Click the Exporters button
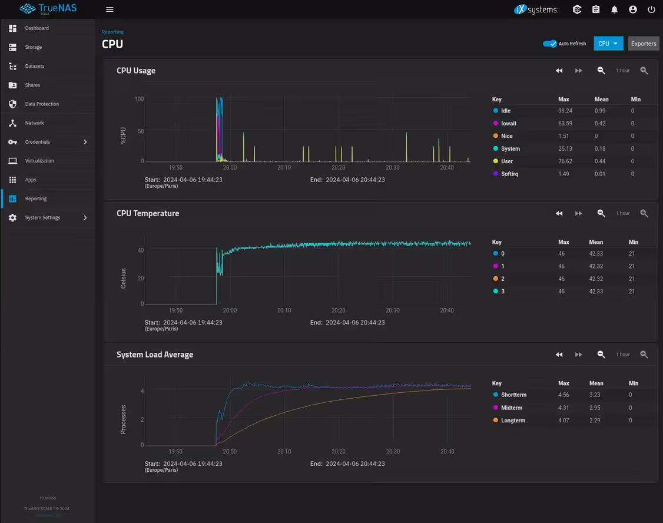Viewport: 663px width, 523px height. tap(643, 44)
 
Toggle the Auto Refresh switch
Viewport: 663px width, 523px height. tap(550, 44)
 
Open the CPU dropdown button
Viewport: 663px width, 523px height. tap(608, 44)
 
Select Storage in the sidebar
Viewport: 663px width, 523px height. tap(34, 47)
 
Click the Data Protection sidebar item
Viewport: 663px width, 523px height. tap(42, 104)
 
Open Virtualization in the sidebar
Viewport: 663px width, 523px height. tap(39, 161)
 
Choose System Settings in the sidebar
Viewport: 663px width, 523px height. tap(42, 218)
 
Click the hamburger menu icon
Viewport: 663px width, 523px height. tap(110, 9)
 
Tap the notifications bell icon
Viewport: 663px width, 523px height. tap(614, 9)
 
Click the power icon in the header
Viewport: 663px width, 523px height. tap(651, 9)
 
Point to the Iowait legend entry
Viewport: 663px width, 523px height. tap(508, 124)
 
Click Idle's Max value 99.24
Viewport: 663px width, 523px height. tap(565, 111)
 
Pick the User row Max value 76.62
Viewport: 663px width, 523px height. tap(565, 161)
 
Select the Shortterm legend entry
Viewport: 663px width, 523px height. tap(513, 395)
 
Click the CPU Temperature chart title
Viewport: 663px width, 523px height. tap(148, 213)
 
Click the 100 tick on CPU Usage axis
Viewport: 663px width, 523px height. tap(139, 99)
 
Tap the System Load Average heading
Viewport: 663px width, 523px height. tap(155, 355)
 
